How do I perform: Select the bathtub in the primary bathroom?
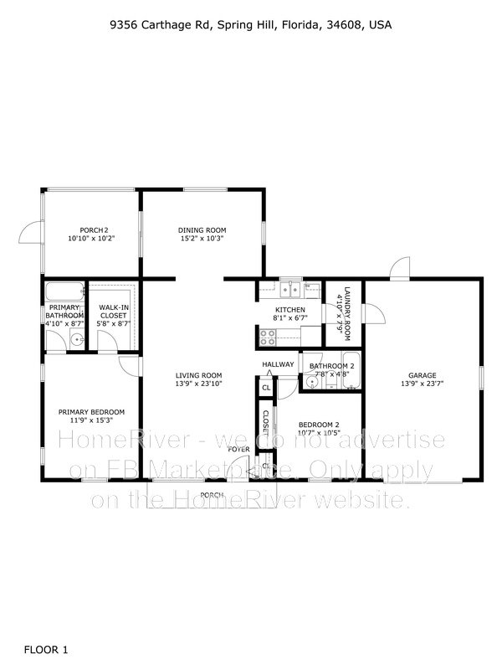(64, 292)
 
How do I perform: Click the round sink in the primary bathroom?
(76, 339)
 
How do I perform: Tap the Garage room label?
(423, 375)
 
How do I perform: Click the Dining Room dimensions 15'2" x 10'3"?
(202, 239)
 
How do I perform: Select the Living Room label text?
(198, 375)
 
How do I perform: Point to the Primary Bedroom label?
(91, 412)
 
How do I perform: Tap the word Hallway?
(278, 364)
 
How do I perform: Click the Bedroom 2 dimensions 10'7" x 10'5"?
(319, 433)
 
